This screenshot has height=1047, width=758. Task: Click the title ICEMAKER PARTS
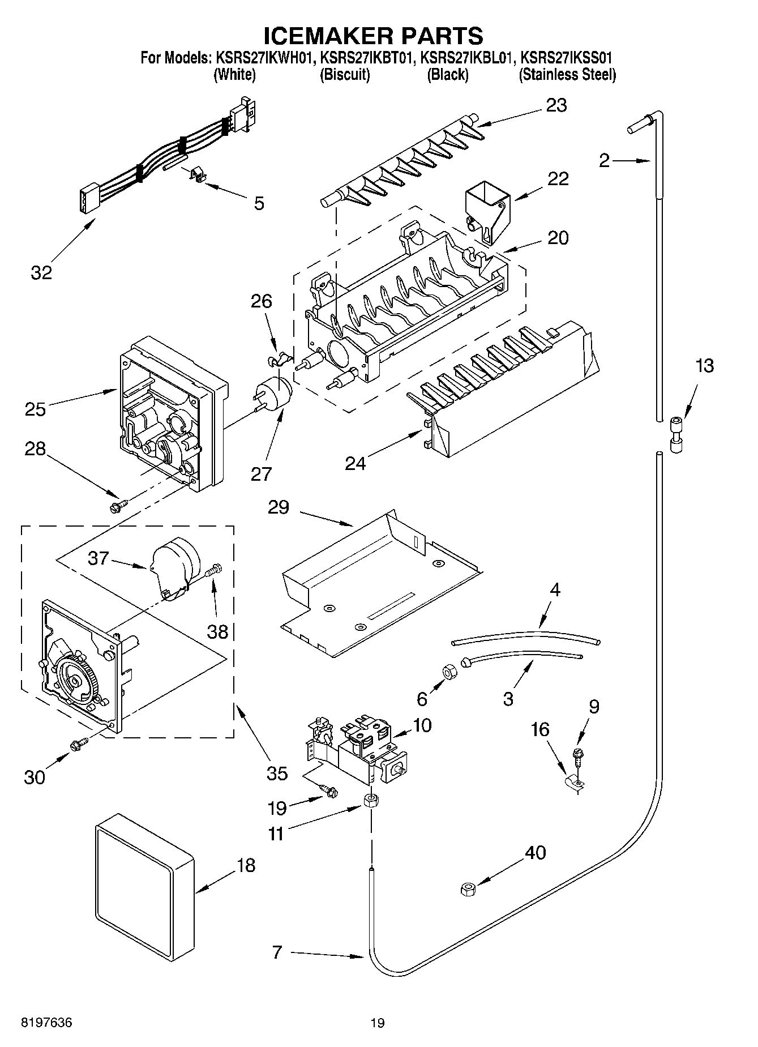pyautogui.click(x=374, y=35)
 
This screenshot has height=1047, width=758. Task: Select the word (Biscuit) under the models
pyautogui.click(x=345, y=75)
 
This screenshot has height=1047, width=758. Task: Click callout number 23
pyautogui.click(x=556, y=105)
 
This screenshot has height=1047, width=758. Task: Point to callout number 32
pyautogui.click(x=41, y=272)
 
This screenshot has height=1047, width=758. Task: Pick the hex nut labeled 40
pyautogui.click(x=468, y=889)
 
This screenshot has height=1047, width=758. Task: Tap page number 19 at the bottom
pyautogui.click(x=378, y=1023)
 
